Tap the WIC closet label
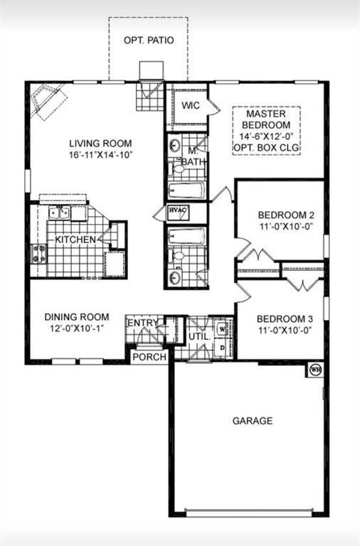pos(189,105)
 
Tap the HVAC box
pos(176,211)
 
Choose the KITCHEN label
pos(75,240)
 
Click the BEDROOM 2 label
pos(281,215)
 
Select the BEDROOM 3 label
pos(281,318)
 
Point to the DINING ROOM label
pos(77,316)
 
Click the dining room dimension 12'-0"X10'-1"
pos(77,328)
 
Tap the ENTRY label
pos(142,323)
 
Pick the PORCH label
pos(149,356)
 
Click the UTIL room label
pos(198,336)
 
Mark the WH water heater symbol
pos(314,370)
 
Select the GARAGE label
pos(252,421)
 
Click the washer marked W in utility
pos(223,329)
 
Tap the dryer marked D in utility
pos(223,347)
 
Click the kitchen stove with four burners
pos(38,254)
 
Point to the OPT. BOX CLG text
pos(266,148)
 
